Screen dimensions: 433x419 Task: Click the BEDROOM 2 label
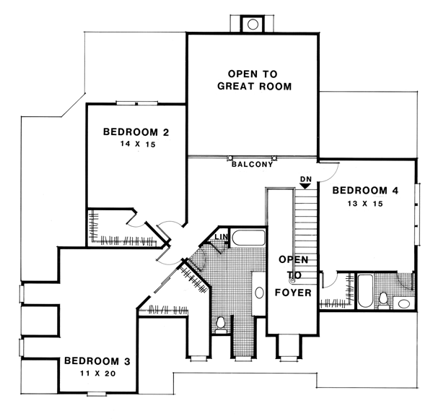136,132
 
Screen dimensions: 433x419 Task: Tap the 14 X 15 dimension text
138,144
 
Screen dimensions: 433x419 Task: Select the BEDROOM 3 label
97,361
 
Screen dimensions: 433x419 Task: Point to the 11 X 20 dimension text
98,373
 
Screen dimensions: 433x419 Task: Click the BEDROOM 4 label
365,191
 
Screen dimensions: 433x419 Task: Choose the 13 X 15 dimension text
365,204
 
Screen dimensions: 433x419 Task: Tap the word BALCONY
252,165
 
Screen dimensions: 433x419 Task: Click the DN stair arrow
305,186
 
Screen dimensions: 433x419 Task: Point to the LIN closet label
222,236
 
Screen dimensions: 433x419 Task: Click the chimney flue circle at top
253,25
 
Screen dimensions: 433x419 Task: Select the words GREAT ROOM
254,86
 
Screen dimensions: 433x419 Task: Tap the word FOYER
293,293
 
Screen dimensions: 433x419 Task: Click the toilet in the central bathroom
220,325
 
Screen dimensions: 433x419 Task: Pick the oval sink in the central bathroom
259,293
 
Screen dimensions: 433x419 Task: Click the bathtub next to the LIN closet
248,238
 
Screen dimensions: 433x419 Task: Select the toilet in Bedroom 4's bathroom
383,300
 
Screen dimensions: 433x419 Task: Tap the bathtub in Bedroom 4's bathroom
365,290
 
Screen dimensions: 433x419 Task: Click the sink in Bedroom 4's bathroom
404,303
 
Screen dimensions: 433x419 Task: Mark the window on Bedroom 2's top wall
136,103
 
